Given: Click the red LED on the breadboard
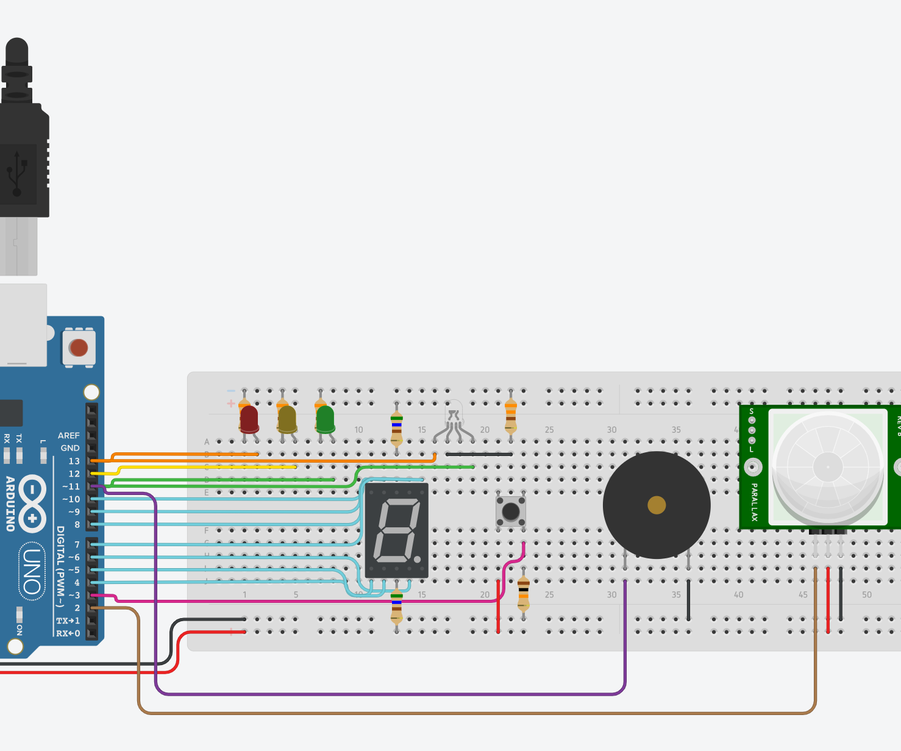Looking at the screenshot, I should (x=249, y=419).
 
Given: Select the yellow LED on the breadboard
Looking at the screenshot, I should (x=287, y=419).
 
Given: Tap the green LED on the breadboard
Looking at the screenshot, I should (x=325, y=419).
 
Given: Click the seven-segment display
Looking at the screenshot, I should (x=397, y=530).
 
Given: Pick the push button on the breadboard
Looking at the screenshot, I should (x=511, y=511).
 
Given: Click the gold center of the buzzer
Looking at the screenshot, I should (x=657, y=505).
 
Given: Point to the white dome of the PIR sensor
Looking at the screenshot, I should (x=827, y=467).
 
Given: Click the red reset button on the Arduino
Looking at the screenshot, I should (x=79, y=348).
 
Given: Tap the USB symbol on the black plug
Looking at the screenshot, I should (x=17, y=173).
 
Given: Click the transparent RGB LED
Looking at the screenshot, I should (x=454, y=415).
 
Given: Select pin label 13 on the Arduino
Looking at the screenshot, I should (x=74, y=461).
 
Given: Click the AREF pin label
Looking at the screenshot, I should (x=68, y=435).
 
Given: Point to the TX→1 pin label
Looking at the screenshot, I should (x=68, y=621).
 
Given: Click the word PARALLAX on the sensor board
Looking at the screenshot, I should (x=754, y=502).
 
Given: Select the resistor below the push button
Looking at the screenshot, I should (x=524, y=593).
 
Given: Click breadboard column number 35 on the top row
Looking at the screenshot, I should (x=676, y=430).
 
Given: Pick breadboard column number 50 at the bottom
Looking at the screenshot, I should (x=866, y=594).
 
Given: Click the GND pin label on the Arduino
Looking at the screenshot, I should (x=70, y=448).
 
